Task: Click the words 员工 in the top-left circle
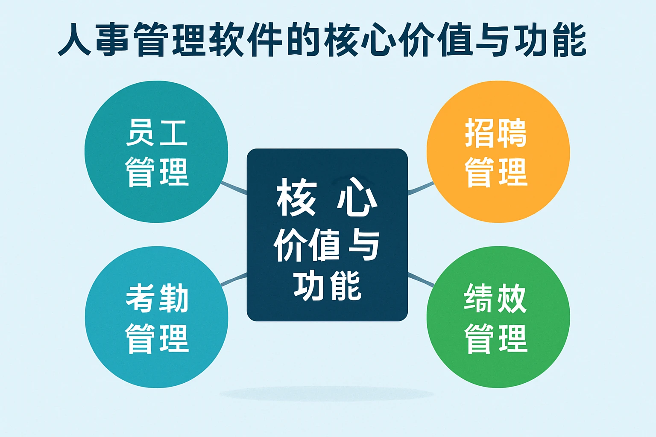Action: (157, 133)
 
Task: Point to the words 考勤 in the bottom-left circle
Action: (157, 298)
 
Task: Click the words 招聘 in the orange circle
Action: (496, 133)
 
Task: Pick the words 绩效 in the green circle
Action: (495, 298)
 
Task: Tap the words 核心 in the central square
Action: (327, 198)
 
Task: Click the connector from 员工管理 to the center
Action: (234, 187)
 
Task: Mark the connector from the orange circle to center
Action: (421, 188)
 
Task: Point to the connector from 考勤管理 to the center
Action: (234, 279)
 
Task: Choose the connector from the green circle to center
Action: (421, 279)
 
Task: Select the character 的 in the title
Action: (303, 41)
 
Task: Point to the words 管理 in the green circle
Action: (496, 338)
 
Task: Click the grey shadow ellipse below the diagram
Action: (327, 393)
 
